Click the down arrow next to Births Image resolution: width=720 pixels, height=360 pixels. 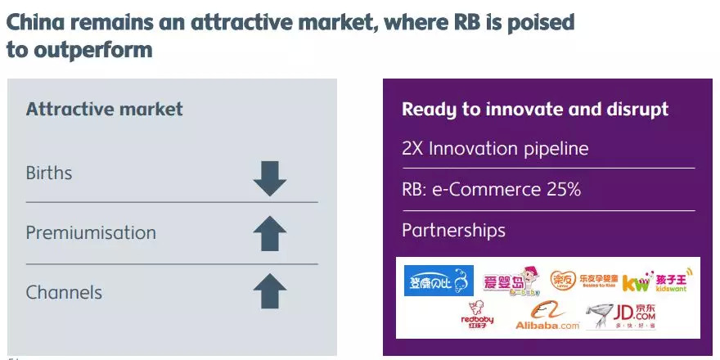[x=270, y=178]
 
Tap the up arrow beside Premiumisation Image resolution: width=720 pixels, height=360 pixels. [x=270, y=234]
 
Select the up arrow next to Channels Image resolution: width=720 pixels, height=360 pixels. [x=270, y=291]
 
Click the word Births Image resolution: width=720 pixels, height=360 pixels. [x=49, y=173]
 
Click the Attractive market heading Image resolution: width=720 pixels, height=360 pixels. [x=105, y=109]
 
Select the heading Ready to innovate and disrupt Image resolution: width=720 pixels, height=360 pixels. [x=535, y=110]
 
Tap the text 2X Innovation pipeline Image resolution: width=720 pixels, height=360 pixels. [x=495, y=149]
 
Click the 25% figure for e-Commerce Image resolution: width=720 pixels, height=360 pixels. [x=563, y=189]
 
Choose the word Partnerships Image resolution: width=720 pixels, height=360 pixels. [x=453, y=230]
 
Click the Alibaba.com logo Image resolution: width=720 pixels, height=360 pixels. [x=547, y=317]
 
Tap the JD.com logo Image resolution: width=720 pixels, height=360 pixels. [x=623, y=316]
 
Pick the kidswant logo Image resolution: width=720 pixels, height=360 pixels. [x=661, y=281]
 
